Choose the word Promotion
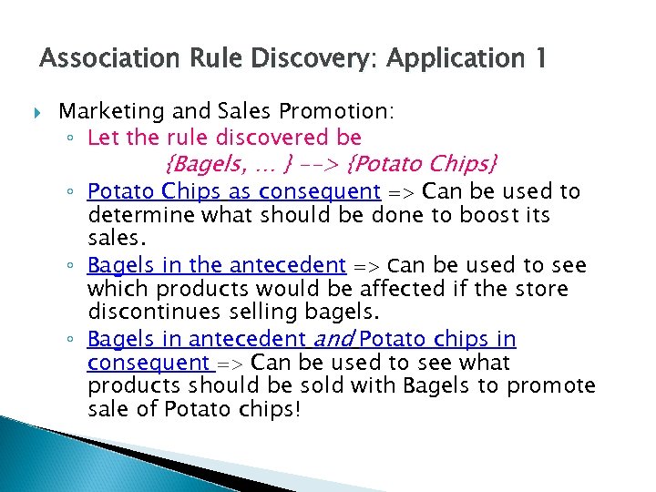337,112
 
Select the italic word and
333,340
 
